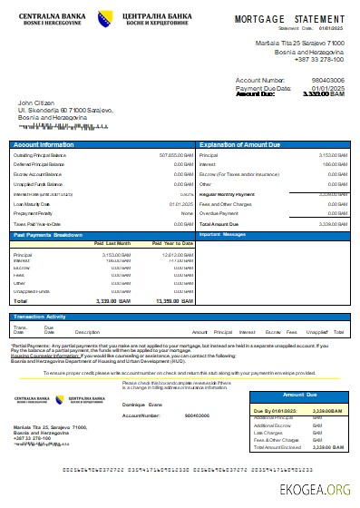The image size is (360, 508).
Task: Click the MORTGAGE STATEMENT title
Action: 290,18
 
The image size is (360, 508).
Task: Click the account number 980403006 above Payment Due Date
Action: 327,80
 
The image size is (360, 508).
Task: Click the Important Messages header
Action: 222,234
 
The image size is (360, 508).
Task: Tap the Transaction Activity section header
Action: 43,316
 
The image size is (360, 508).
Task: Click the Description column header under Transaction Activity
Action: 87,332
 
